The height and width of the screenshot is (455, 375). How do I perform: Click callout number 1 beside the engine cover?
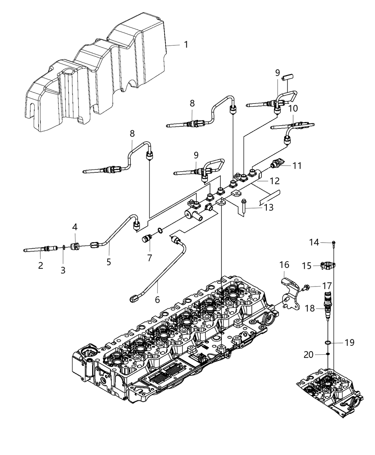(x=186, y=45)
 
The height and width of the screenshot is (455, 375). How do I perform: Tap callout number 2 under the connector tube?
(x=41, y=265)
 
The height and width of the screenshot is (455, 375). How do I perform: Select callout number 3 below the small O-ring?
(x=63, y=270)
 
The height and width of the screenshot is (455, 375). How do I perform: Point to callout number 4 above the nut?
(x=75, y=227)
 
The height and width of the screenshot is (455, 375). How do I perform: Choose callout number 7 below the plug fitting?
(x=150, y=257)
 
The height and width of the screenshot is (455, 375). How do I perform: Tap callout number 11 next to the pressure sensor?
(x=297, y=166)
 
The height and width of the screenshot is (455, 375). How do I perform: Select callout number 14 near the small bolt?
(x=314, y=243)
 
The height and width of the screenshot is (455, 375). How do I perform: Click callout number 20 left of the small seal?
(x=308, y=354)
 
